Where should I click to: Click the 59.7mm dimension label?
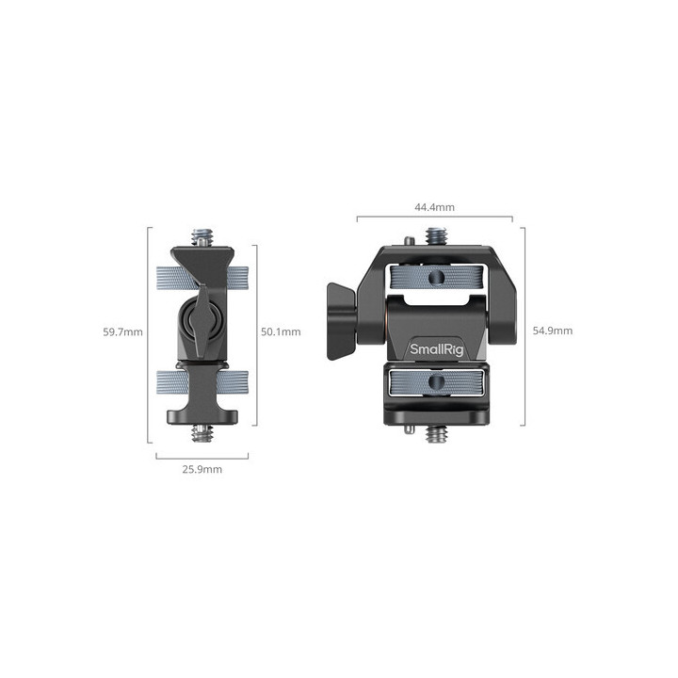[123, 331]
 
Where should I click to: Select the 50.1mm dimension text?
[281, 331]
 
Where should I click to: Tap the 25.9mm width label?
[202, 469]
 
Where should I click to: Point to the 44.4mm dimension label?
[434, 207]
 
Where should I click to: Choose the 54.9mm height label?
[553, 331]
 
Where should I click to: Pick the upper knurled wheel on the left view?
[202, 278]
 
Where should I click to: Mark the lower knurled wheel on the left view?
[202, 382]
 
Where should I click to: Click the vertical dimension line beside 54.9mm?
[524, 331]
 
